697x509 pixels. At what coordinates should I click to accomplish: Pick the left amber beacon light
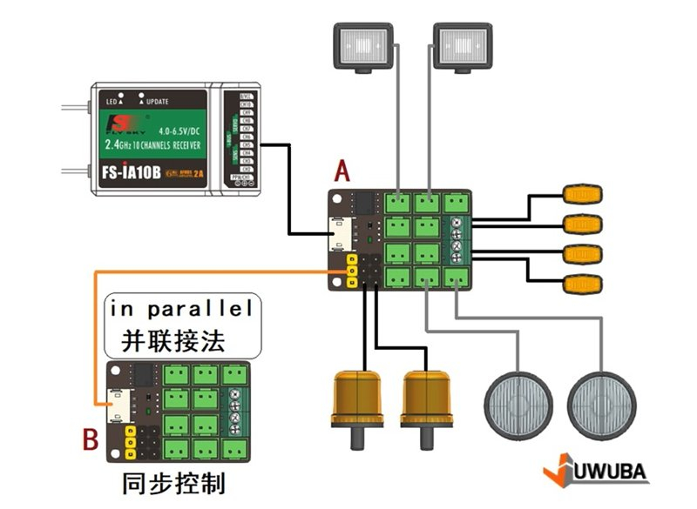click(357, 400)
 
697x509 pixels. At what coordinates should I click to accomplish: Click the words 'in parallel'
click(179, 309)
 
